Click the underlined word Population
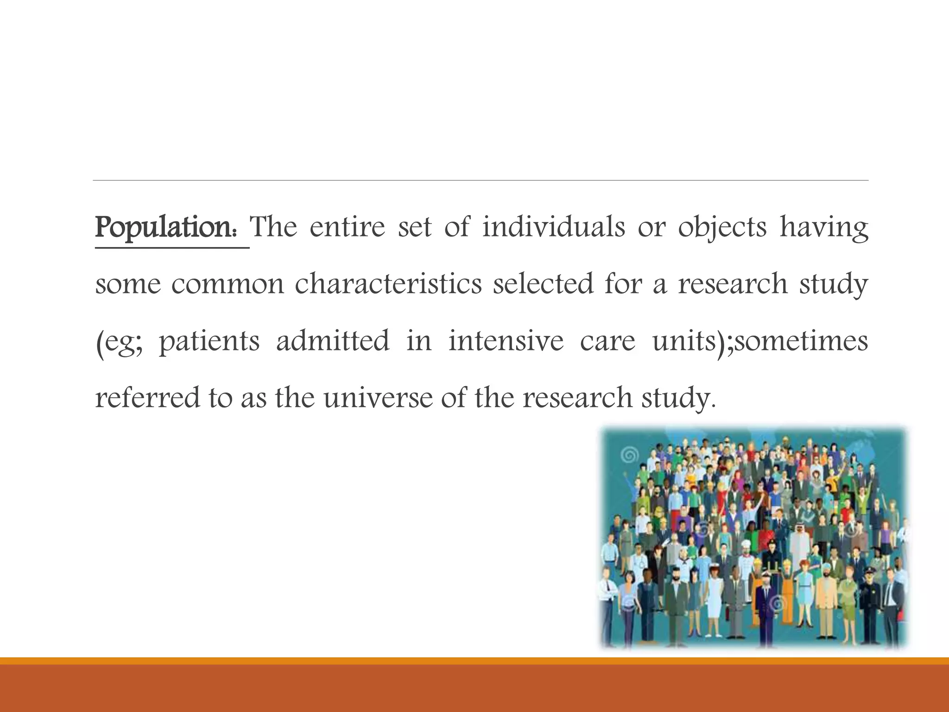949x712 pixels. (x=165, y=228)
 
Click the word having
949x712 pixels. (x=823, y=228)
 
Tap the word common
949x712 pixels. (x=227, y=285)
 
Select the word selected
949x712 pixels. (x=543, y=284)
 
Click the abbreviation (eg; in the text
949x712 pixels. (x=119, y=342)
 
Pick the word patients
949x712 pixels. (x=209, y=342)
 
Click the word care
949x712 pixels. (x=607, y=342)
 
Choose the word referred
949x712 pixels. (x=148, y=398)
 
